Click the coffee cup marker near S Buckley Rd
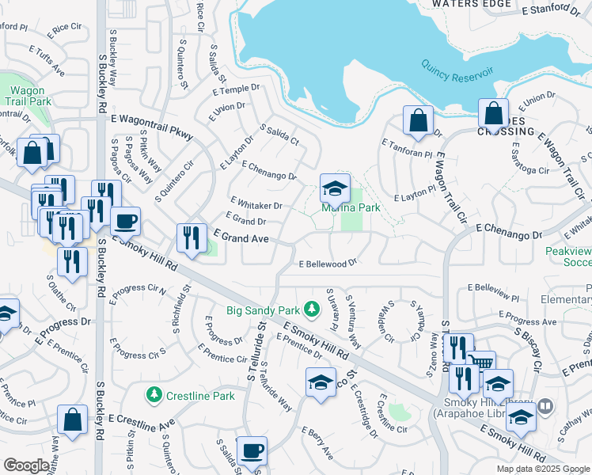click(x=125, y=221)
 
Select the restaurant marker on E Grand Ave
click(x=192, y=237)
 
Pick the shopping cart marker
click(x=480, y=364)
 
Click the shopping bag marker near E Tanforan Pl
click(x=417, y=120)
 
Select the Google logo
click(x=26, y=465)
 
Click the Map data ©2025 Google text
click(x=544, y=469)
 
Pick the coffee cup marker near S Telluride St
click(x=252, y=451)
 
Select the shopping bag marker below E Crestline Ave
click(x=73, y=420)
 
